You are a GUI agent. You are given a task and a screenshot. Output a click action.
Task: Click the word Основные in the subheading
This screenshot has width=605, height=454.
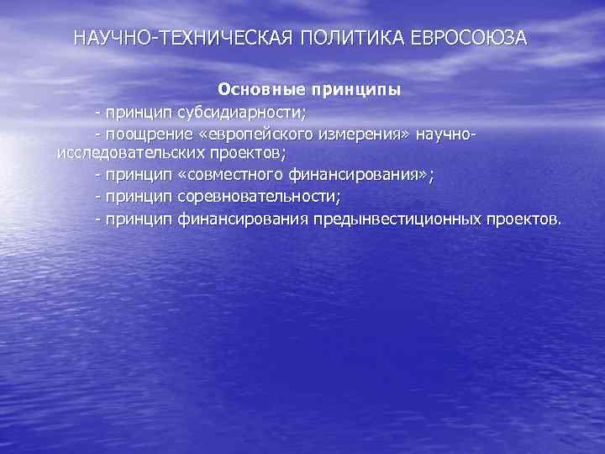(260, 88)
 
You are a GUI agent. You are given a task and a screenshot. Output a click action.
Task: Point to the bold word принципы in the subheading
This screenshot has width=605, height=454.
(355, 88)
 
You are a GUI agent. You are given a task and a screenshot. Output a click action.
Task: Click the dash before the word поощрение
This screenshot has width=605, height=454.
(98, 134)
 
